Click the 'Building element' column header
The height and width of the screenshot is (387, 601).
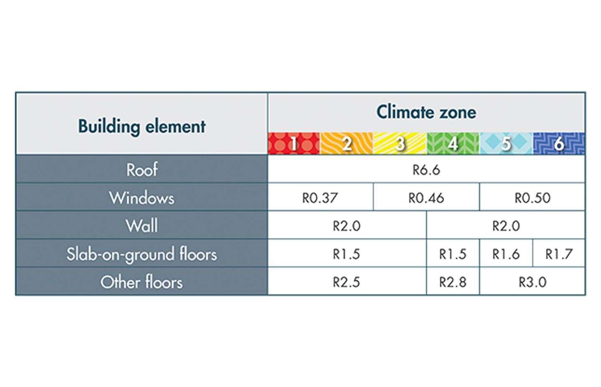point(141,126)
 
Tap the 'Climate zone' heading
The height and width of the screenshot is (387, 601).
point(427,112)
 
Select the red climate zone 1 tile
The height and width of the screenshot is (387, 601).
point(294,143)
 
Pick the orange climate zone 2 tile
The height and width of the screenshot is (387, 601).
point(347,143)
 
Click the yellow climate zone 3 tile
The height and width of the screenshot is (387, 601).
point(400,143)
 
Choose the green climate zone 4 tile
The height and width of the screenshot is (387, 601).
point(453,143)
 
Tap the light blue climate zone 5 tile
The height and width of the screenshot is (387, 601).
point(506,143)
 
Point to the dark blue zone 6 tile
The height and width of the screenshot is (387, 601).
point(559,143)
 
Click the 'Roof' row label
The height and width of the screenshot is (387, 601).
point(141,170)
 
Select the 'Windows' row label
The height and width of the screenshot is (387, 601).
point(141,198)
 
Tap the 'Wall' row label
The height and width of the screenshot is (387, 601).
point(141,226)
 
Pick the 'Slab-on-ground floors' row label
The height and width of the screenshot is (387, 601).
point(141,254)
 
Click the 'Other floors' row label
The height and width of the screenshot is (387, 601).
point(141,282)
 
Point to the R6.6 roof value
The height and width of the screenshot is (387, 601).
point(427,170)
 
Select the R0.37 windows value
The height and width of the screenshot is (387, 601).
point(320,198)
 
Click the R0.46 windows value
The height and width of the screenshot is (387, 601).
point(427,198)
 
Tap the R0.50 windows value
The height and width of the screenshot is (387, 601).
point(533,198)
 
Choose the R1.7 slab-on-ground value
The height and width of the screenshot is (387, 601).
point(559,254)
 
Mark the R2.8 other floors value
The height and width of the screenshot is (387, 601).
point(453,282)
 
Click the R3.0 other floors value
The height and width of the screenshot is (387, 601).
point(533,282)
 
